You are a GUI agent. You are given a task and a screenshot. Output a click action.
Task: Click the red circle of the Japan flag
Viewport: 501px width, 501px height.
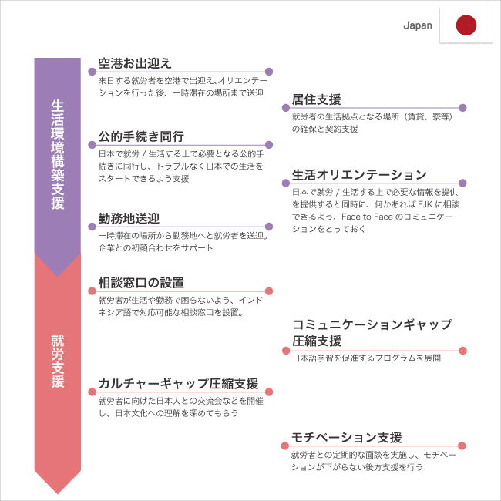tap(466, 25)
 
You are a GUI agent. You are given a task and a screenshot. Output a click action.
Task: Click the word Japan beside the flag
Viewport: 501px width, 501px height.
tap(418, 25)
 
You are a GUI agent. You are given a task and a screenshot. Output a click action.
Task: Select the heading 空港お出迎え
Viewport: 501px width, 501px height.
tap(135, 63)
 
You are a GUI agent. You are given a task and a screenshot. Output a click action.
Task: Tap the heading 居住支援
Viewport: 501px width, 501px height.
tap(316, 99)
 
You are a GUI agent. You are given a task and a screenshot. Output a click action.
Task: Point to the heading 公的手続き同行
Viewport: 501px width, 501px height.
tap(141, 136)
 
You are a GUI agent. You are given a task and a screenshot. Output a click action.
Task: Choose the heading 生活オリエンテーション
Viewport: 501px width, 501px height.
tap(359, 174)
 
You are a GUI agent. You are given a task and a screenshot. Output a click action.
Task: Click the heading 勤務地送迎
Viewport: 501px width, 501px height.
tap(129, 218)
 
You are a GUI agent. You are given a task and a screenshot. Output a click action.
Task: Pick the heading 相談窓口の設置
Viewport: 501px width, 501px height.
tap(141, 283)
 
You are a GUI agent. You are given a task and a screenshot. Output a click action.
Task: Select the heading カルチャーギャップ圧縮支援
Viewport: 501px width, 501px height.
tap(178, 383)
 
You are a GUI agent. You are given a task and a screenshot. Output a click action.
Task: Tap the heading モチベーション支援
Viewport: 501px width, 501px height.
tap(346, 438)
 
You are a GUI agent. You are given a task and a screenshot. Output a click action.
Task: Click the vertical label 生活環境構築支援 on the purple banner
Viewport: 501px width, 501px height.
tap(58, 155)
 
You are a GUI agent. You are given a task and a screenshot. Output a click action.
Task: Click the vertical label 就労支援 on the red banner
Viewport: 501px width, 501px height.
tap(58, 361)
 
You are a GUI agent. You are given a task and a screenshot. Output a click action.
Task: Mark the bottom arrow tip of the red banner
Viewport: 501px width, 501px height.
tap(58, 494)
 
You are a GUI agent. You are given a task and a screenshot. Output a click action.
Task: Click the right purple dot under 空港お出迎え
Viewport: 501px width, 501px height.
tap(269, 72)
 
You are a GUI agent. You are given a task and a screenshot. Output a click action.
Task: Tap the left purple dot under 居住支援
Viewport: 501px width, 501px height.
tap(286, 108)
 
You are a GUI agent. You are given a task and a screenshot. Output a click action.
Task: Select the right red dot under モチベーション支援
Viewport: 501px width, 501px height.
tap(462, 446)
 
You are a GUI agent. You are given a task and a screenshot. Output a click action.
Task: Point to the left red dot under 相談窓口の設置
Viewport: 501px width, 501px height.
tap(92, 291)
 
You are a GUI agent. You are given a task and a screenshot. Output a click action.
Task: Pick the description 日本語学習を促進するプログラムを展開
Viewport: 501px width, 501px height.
tap(366, 358)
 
